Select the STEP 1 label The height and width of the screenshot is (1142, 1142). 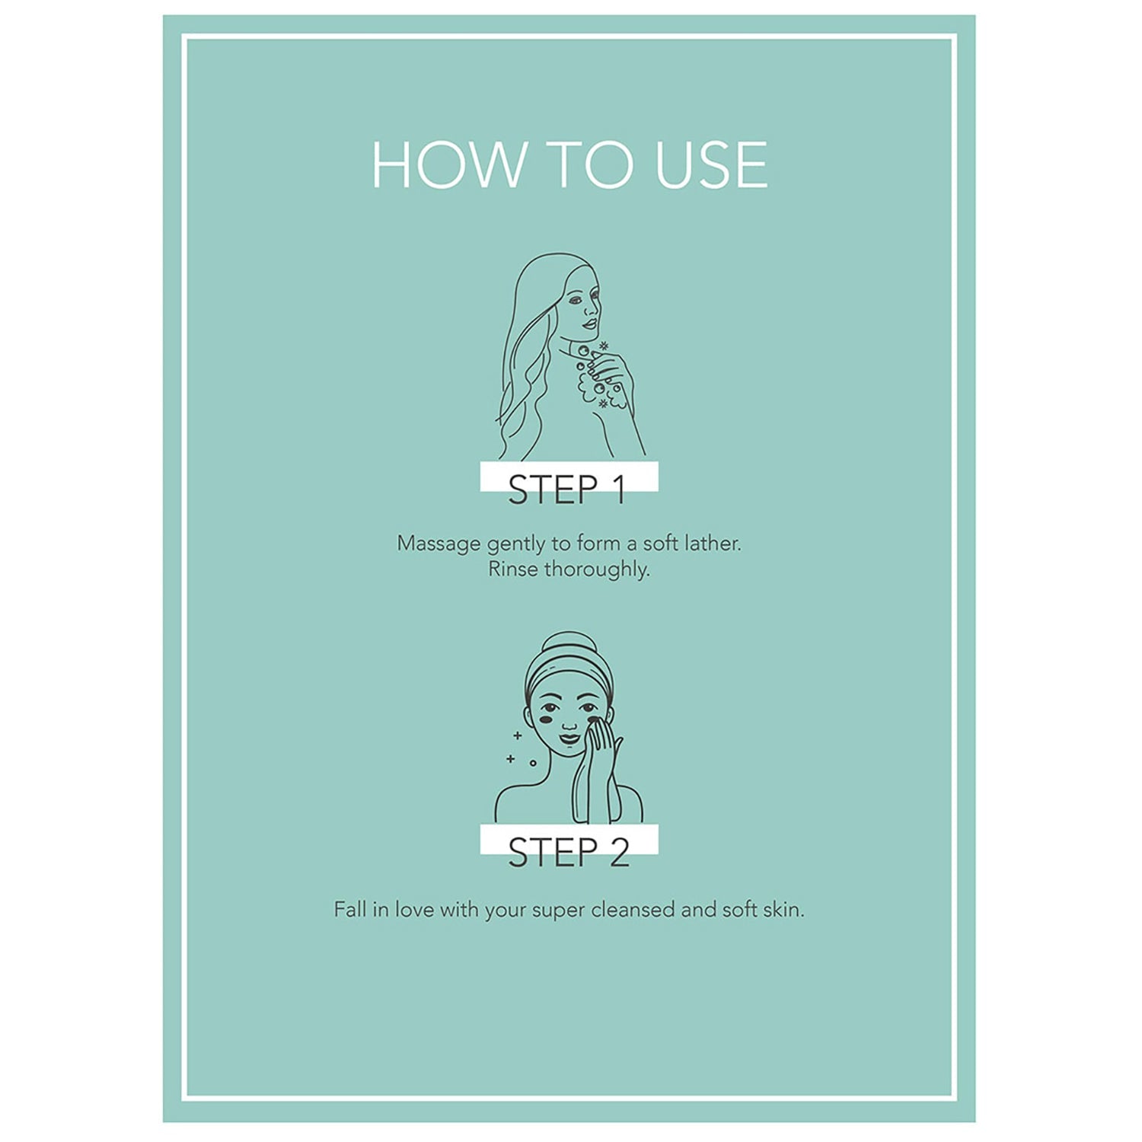(567, 490)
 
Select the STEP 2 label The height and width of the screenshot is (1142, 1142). (569, 852)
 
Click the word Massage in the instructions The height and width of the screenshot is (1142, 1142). (439, 544)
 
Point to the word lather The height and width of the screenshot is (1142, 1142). (713, 543)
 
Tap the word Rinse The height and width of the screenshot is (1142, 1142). (512, 569)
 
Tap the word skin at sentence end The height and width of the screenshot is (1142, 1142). (783, 910)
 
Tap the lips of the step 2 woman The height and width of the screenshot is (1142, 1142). (569, 738)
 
